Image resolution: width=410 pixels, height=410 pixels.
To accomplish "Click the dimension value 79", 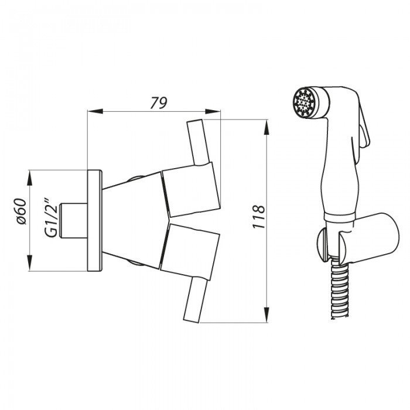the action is (159, 102).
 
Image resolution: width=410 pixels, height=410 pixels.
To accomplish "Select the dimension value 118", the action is (259, 217).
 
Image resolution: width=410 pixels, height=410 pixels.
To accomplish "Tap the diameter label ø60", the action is (20, 211).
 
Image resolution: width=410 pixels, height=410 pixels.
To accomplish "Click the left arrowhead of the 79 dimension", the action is (95, 111).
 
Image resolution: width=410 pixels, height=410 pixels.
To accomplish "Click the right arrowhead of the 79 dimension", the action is (213, 111).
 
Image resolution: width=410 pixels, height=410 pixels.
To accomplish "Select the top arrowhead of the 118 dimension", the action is (266, 127).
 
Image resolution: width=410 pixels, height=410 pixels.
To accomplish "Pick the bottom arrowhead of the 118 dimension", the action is (266, 315).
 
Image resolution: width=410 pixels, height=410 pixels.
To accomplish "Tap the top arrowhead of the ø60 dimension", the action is (29, 178).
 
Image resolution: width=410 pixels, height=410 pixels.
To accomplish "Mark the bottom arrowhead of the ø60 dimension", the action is (29, 263).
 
